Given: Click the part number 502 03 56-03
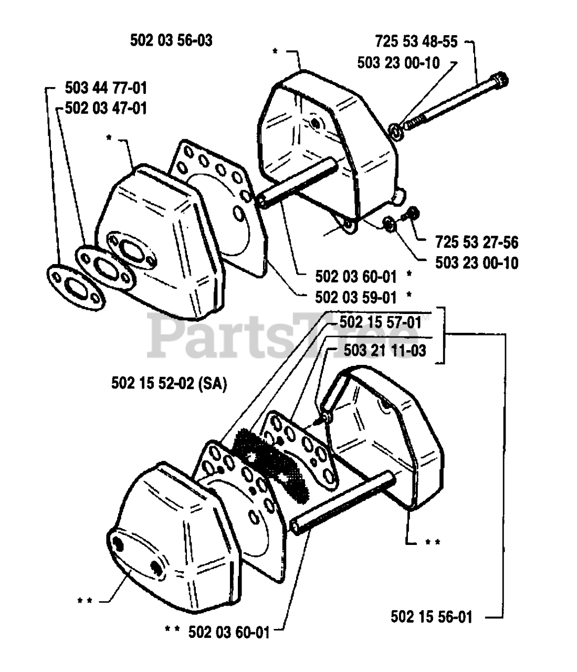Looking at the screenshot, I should tap(171, 40).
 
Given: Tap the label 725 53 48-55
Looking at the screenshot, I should tap(416, 40).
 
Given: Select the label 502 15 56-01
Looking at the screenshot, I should tap(431, 616).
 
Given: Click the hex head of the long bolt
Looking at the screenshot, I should tap(502, 80).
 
